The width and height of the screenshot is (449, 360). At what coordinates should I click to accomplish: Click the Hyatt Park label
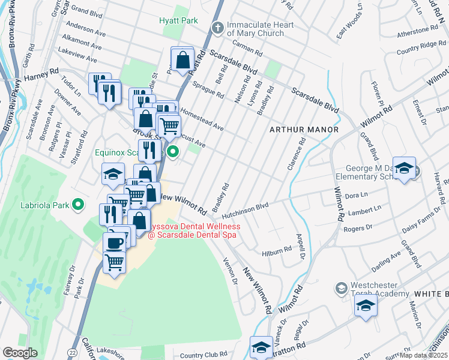(x=178, y=20)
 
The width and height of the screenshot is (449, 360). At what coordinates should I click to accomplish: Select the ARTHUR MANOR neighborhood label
(x=304, y=130)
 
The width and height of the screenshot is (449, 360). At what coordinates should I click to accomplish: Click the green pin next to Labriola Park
(x=77, y=205)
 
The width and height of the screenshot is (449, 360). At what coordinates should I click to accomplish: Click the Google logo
(x=20, y=353)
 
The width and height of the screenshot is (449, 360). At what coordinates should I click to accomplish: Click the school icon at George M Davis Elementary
(x=405, y=169)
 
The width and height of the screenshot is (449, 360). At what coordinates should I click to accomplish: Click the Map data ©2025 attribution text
(x=423, y=355)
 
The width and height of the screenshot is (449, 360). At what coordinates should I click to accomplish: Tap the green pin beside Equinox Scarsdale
(x=173, y=152)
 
